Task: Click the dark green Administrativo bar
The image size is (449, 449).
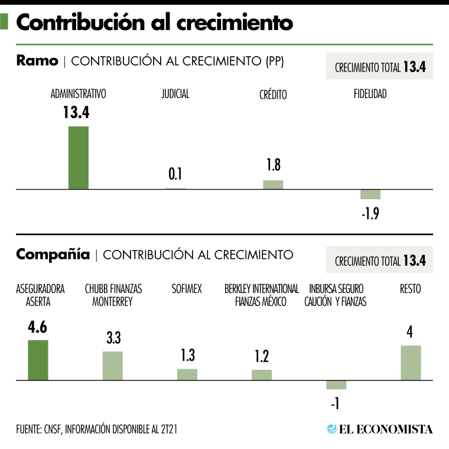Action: tap(79, 158)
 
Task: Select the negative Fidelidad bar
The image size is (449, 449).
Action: tap(370, 194)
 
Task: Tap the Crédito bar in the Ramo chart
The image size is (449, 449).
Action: tap(273, 184)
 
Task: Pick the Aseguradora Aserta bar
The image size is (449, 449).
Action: tap(38, 360)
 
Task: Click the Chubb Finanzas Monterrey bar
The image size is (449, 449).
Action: tap(113, 366)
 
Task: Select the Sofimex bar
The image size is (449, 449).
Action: tap(187, 375)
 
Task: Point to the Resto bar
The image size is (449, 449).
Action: tap(411, 363)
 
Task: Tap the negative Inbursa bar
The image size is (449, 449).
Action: tap(336, 385)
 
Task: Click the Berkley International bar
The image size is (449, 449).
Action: tap(262, 375)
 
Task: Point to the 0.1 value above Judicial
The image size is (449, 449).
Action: tap(175, 174)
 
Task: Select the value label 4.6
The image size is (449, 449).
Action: tap(38, 327)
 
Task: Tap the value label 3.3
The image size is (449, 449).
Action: tap(113, 338)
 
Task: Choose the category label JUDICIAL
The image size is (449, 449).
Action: tap(175, 93)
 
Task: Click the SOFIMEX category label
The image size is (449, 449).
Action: tap(187, 289)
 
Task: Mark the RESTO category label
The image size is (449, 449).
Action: tap(411, 289)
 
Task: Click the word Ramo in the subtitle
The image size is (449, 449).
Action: tap(37, 61)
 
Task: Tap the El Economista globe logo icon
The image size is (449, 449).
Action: tap(332, 429)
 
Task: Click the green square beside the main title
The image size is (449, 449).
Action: tap(5, 22)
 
